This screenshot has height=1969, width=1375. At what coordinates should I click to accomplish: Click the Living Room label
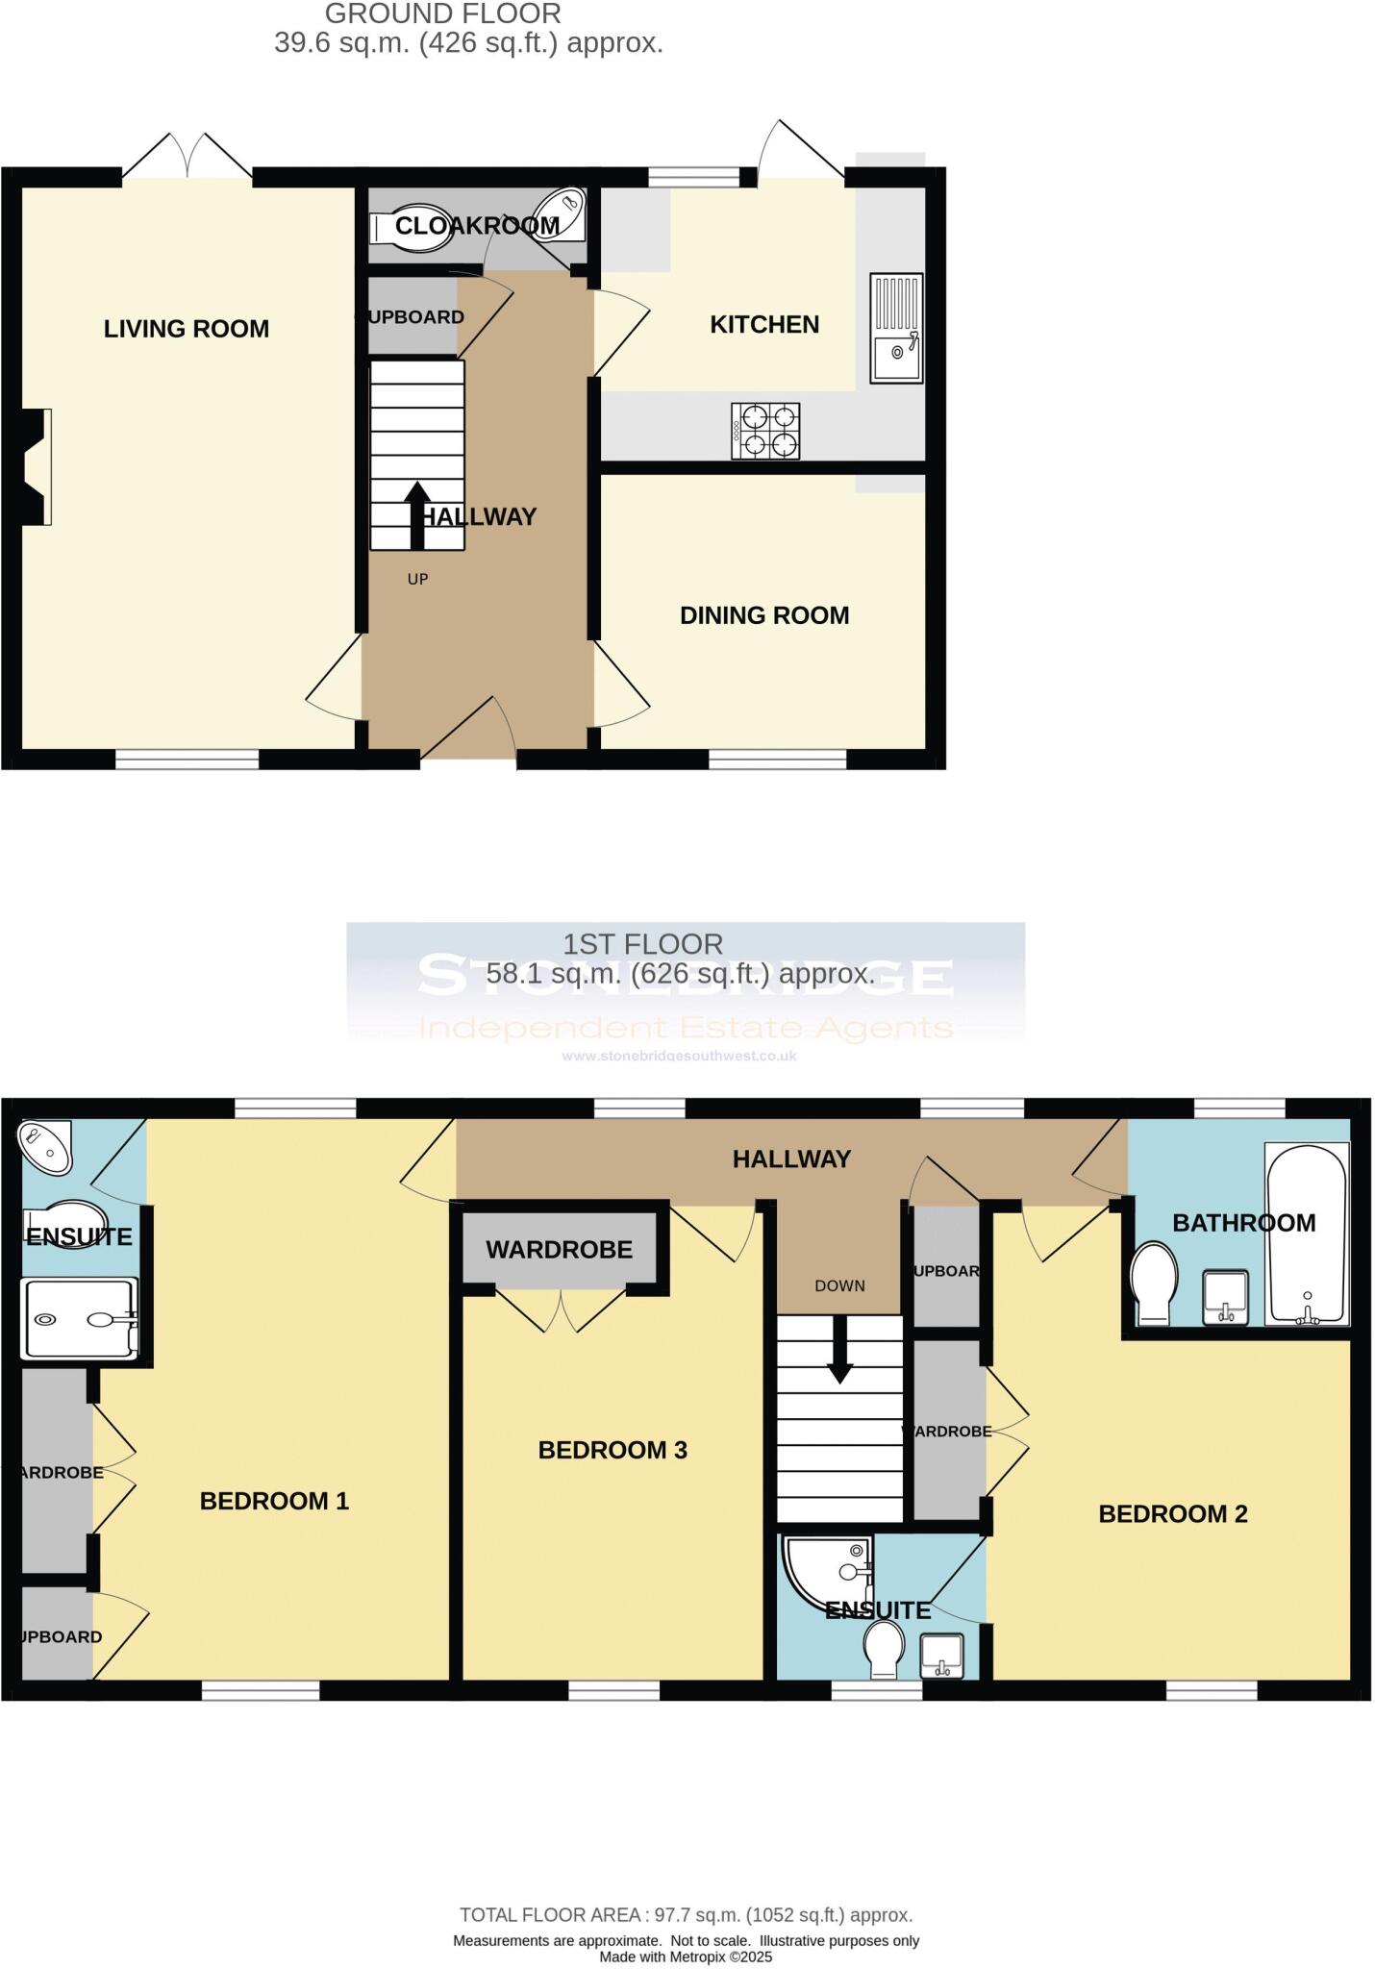click(x=187, y=329)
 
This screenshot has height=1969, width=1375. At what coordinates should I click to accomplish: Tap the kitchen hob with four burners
click(x=765, y=431)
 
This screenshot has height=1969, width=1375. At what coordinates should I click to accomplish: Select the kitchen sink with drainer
click(x=896, y=328)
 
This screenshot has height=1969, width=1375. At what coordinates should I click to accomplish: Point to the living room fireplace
click(x=35, y=467)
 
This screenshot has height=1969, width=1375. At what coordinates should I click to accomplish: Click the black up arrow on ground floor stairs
click(x=416, y=514)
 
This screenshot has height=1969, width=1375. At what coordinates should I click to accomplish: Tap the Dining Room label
click(x=764, y=615)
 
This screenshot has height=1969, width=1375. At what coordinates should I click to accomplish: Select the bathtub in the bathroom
click(x=1307, y=1234)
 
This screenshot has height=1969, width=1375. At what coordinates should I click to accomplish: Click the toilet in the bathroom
click(x=1154, y=1282)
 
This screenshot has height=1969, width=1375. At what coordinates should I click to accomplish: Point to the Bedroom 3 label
click(x=612, y=1450)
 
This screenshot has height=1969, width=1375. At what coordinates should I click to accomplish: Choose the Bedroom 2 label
click(x=1173, y=1514)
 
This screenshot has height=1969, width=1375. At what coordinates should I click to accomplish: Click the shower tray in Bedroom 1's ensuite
click(x=81, y=1318)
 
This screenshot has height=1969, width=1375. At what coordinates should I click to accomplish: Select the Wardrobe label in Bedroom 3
click(x=559, y=1249)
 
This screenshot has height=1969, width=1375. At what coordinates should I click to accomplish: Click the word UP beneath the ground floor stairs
click(x=417, y=579)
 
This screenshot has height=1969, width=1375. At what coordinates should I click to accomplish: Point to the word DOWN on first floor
click(x=839, y=1285)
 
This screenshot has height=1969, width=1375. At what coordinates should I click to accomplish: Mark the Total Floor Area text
click(x=686, y=1914)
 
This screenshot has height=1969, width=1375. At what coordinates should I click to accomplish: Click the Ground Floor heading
click(x=442, y=14)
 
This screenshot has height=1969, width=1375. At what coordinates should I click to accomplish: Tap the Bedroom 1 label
click(x=274, y=1501)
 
